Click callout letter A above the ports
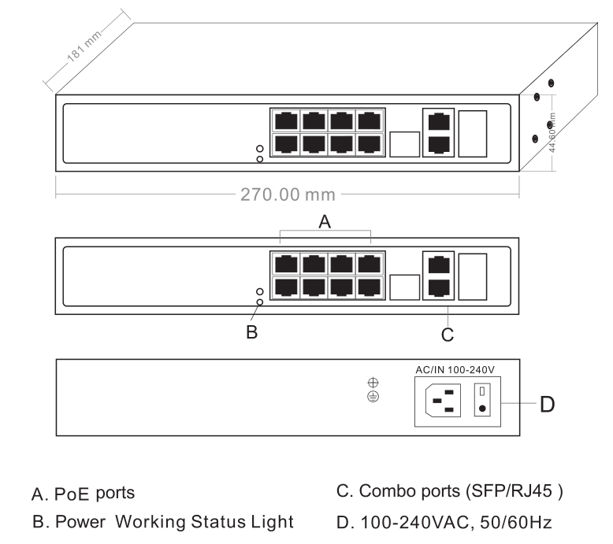tap(325, 223)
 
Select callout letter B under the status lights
tap(252, 332)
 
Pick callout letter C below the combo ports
tap(447, 335)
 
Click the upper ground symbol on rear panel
tap(373, 383)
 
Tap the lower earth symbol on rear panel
tap(373, 398)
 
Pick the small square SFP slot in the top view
tap(404, 144)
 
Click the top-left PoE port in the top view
tap(284, 121)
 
